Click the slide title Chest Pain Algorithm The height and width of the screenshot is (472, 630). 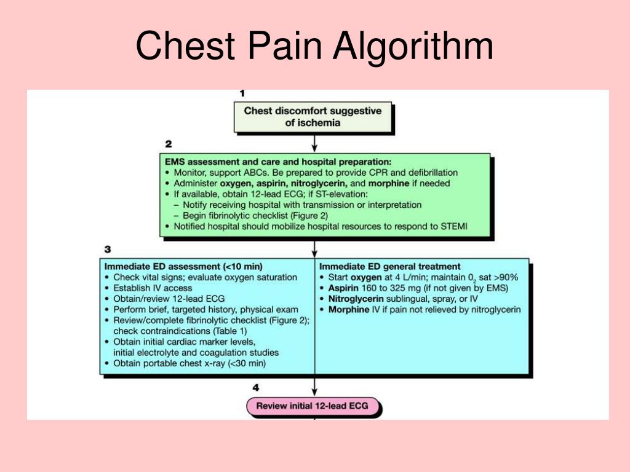(314, 47)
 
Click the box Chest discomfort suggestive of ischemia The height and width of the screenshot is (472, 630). (313, 117)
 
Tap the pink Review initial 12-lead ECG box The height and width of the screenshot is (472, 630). (313, 406)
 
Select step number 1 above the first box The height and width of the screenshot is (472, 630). (242, 93)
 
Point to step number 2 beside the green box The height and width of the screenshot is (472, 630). (168, 144)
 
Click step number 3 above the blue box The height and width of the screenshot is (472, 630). (108, 250)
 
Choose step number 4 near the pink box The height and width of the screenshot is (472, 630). (255, 388)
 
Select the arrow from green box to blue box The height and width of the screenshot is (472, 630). (315, 248)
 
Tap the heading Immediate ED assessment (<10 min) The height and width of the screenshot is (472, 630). (183, 267)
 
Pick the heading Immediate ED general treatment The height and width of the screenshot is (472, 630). (390, 267)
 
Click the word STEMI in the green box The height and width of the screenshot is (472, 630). (453, 226)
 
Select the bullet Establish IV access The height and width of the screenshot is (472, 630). (153, 288)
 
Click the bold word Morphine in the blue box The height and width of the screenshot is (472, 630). (349, 309)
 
